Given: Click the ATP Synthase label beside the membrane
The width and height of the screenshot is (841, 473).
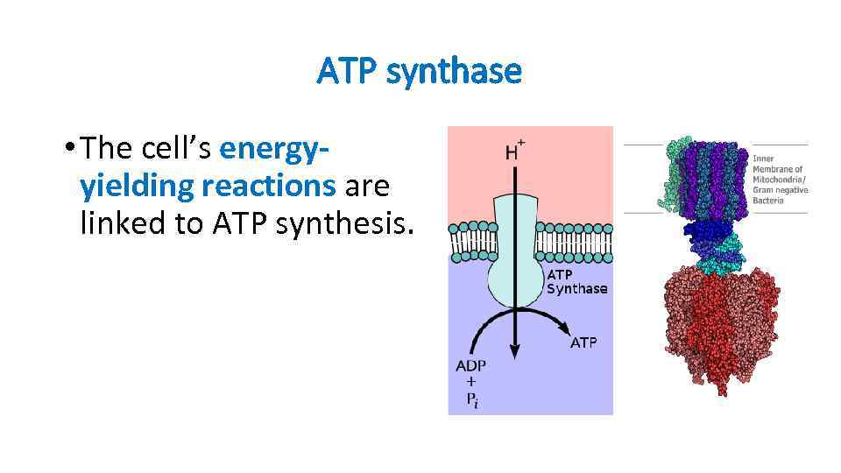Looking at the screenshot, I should tap(576, 281).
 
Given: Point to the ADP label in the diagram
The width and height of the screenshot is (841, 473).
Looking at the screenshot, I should tap(470, 365).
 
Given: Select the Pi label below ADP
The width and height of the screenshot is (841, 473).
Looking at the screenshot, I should tap(471, 399).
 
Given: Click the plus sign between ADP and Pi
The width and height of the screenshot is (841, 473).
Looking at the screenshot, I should tap(471, 382).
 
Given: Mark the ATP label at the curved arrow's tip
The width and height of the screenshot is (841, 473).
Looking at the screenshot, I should tap(583, 342).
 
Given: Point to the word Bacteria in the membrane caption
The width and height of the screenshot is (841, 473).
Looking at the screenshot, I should tap(768, 201).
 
